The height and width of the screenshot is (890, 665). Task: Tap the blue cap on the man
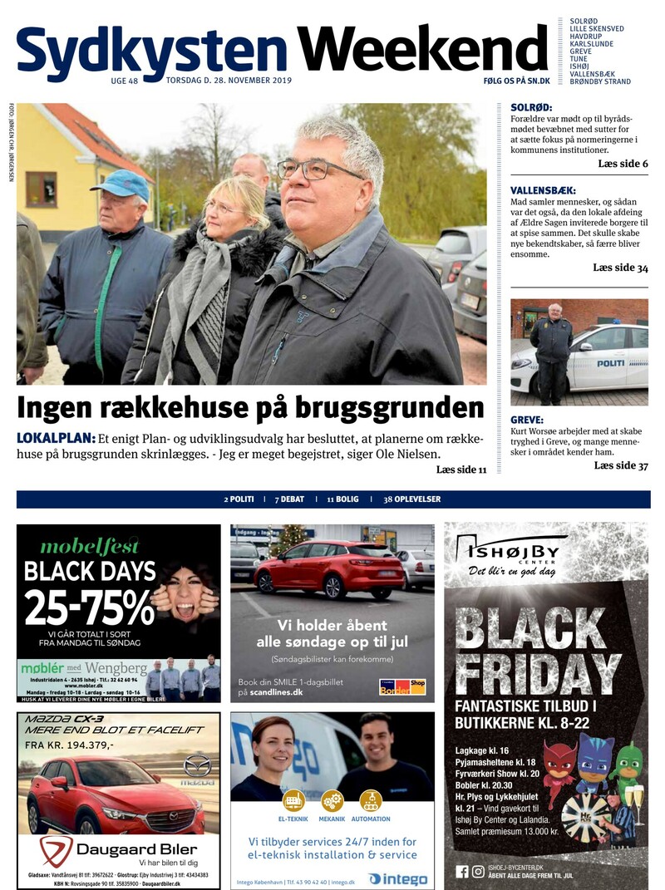click(x=121, y=184)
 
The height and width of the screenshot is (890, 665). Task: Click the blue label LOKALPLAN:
click(x=55, y=438)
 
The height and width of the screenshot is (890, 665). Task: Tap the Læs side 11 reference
click(x=461, y=470)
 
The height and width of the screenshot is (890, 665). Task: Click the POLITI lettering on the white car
click(x=610, y=362)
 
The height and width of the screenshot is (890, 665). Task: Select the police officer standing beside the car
click(x=552, y=349)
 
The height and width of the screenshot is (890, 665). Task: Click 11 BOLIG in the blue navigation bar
click(x=342, y=499)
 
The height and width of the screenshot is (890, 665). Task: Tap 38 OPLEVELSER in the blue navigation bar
click(x=411, y=499)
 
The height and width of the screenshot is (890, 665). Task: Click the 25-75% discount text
click(x=89, y=607)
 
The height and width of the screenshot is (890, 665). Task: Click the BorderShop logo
click(x=403, y=686)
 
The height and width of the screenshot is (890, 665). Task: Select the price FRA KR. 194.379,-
click(x=69, y=745)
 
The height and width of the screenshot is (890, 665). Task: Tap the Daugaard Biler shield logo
click(x=57, y=850)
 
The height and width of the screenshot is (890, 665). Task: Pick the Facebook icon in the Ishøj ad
click(x=462, y=871)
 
